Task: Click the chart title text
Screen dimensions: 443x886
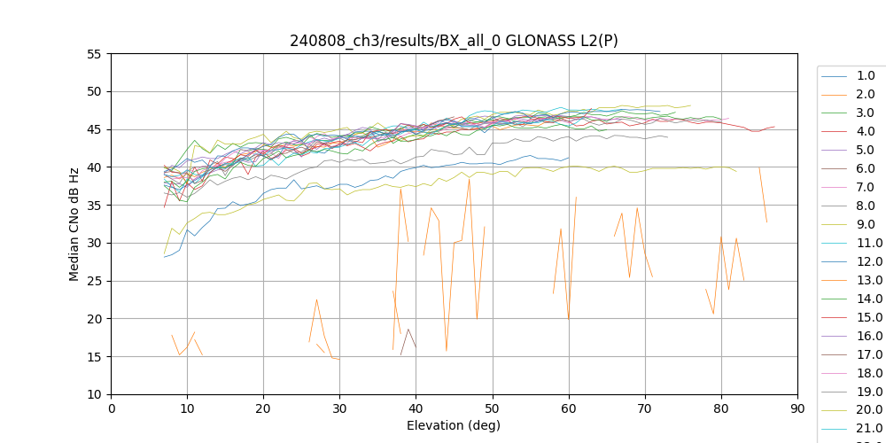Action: [x=454, y=41]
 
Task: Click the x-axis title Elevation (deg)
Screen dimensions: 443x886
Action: [x=454, y=425]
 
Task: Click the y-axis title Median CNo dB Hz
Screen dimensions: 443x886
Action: [x=74, y=224]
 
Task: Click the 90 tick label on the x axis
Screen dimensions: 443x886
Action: [x=797, y=408]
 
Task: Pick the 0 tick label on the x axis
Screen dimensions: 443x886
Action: [x=112, y=408]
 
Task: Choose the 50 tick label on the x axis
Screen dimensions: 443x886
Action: [x=493, y=408]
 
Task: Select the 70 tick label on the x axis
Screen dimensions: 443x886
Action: [x=645, y=408]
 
